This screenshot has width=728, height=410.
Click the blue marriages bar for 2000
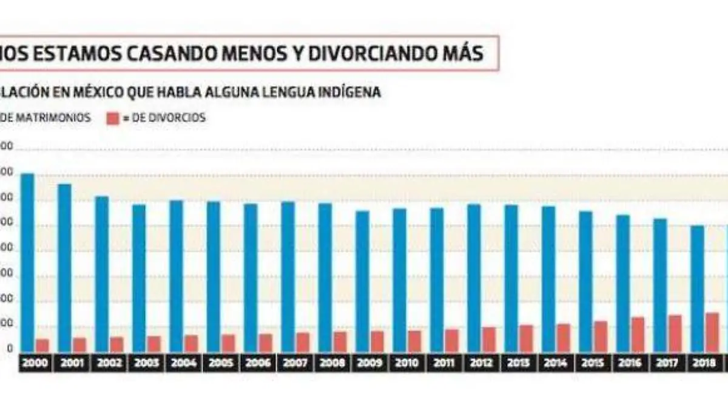pyautogui.click(x=27, y=262)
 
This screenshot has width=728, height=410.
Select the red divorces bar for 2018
pyautogui.click(x=712, y=332)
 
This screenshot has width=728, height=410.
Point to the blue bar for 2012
pyautogui.click(x=474, y=278)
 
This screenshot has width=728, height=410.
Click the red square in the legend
pyautogui.click(x=112, y=118)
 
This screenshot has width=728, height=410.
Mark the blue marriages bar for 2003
pyautogui.click(x=139, y=278)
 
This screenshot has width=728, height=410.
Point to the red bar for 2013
pyautogui.click(x=526, y=338)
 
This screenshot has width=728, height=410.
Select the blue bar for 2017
pyautogui.click(x=660, y=285)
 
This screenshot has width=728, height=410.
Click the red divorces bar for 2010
pyautogui.click(x=414, y=341)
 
